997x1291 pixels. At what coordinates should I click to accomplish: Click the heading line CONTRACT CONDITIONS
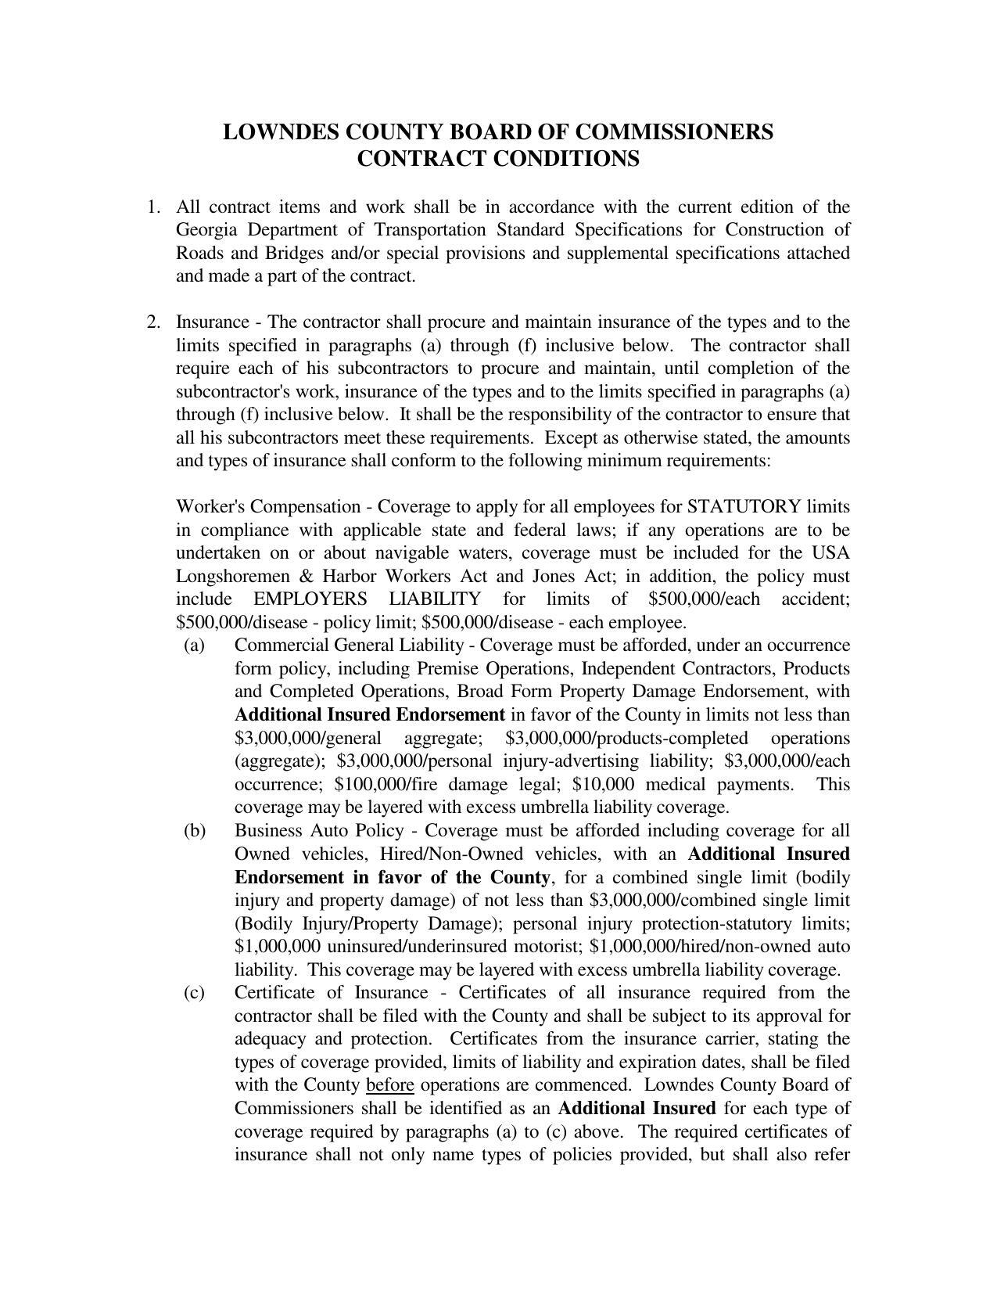click(498, 158)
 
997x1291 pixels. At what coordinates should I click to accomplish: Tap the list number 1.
click(152, 207)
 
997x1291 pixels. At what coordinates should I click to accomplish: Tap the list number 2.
click(152, 322)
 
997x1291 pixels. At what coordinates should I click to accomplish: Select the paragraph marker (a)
click(194, 645)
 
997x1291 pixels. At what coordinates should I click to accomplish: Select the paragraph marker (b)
click(194, 830)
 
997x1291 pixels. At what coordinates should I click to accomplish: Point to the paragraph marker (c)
click(194, 993)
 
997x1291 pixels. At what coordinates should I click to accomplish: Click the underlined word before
click(389, 1085)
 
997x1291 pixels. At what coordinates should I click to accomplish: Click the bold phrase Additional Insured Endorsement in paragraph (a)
click(369, 715)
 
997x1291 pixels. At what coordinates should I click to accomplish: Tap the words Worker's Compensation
click(268, 507)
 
